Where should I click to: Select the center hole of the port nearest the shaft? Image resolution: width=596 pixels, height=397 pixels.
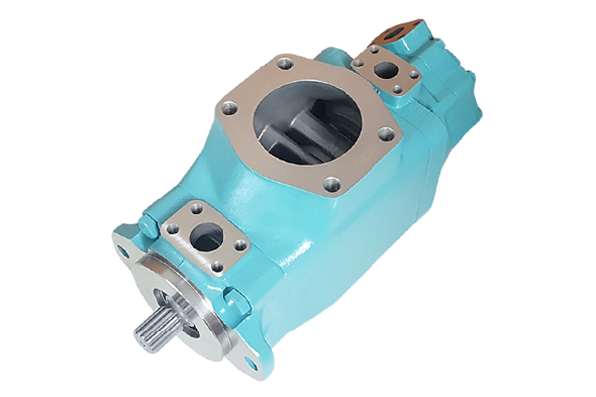[x=207, y=235]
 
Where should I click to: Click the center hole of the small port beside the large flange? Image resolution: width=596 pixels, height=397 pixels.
[x=381, y=70]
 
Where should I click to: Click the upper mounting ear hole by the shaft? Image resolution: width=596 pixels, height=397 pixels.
[x=123, y=251]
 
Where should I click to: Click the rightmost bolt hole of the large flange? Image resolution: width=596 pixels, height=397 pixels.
[x=386, y=132]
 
